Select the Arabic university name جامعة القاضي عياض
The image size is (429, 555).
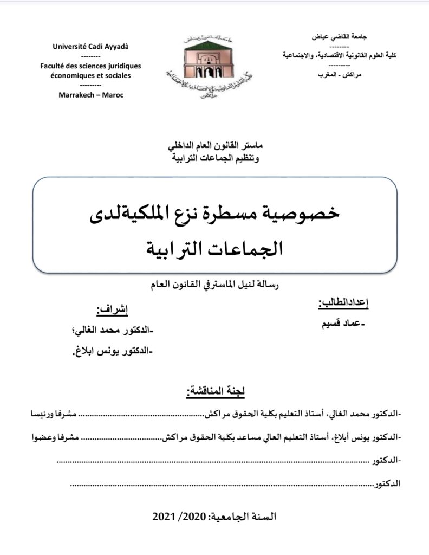point(340,37)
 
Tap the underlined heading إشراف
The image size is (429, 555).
point(112,310)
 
